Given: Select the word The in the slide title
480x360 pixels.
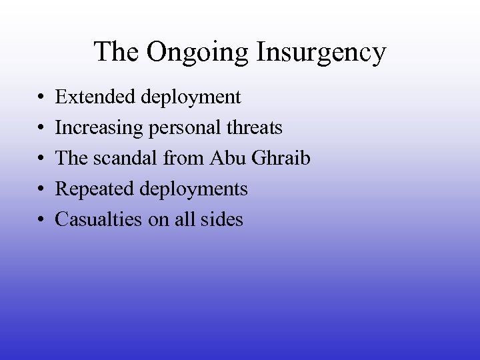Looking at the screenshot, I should coord(117,51).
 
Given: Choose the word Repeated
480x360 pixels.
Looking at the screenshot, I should coord(95,190).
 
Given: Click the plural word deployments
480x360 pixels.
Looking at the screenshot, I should coord(194,190).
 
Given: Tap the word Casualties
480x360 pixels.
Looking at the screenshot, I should coord(98,219).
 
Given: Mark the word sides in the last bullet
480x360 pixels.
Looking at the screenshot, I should coord(223,219).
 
